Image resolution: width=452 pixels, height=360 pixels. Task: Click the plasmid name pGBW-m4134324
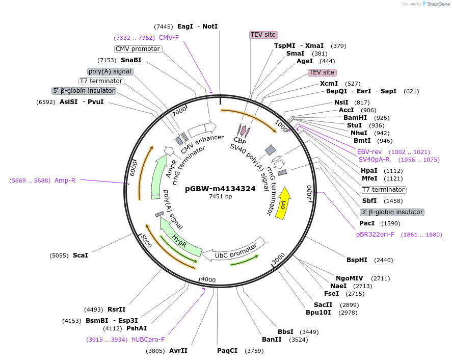click(x=220, y=189)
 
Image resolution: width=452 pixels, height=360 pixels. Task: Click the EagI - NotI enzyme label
click(x=197, y=26)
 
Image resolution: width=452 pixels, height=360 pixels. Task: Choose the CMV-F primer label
click(x=169, y=38)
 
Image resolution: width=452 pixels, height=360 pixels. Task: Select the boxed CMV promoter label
click(x=138, y=49)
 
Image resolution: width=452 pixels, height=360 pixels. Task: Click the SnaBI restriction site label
click(x=131, y=60)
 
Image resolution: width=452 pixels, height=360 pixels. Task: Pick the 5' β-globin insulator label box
click(x=84, y=91)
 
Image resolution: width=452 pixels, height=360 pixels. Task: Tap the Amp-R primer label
click(x=65, y=180)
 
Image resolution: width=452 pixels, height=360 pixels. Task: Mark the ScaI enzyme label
click(x=80, y=255)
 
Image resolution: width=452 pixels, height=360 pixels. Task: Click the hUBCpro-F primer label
click(x=148, y=340)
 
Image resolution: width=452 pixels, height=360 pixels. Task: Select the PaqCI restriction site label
click(x=227, y=351)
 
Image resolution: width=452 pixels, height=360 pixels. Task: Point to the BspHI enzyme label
click(x=357, y=260)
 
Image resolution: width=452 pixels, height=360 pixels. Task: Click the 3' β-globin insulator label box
click(x=392, y=212)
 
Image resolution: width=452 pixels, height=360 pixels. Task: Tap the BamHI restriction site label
click(x=355, y=118)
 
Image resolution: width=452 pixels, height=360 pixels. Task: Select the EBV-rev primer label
click(x=369, y=152)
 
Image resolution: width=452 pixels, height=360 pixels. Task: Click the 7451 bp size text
click(x=220, y=197)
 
